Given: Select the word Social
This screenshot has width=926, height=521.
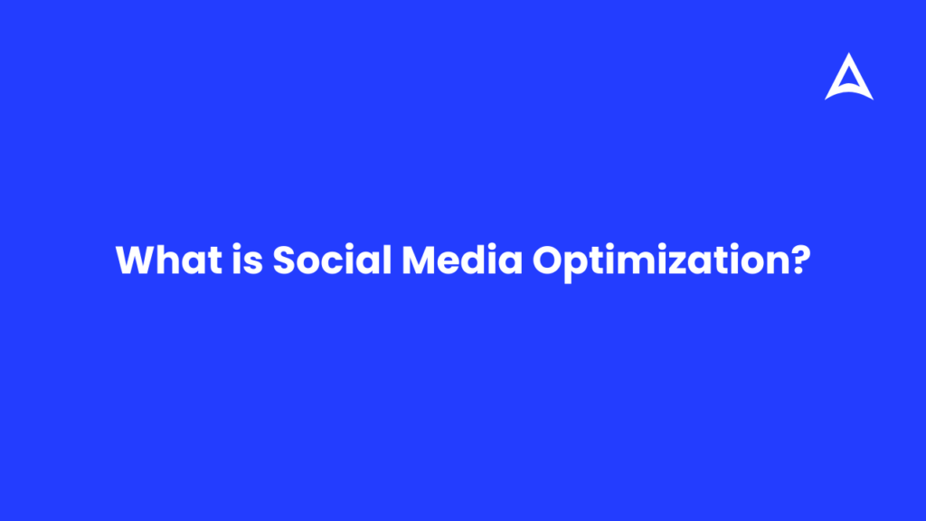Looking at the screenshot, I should (x=331, y=261).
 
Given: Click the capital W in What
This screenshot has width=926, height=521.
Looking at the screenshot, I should (x=137, y=261).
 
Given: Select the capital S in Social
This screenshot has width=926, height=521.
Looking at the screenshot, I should (x=285, y=261).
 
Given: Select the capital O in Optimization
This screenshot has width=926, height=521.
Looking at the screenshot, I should (x=548, y=261).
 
